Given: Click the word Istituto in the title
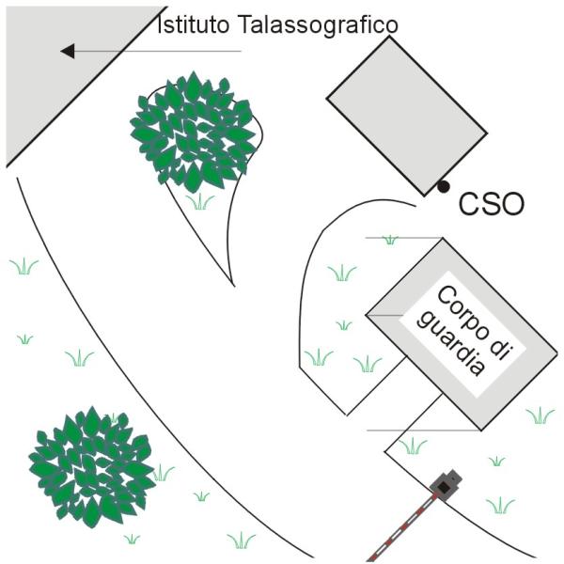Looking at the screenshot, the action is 194,24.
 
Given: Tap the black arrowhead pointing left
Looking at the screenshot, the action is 68,51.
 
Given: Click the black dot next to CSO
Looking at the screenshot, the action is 444,186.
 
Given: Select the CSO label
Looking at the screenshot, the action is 492,204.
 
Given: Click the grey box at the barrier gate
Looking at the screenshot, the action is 446,485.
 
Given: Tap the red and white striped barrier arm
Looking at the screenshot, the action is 402,528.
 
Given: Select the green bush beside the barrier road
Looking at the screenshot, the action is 92,467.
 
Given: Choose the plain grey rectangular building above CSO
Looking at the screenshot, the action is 407,116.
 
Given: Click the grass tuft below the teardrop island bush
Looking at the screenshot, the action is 200,201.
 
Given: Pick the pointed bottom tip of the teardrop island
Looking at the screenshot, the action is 234,287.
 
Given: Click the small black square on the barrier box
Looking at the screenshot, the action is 445,487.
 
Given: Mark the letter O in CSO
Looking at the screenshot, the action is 511,204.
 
